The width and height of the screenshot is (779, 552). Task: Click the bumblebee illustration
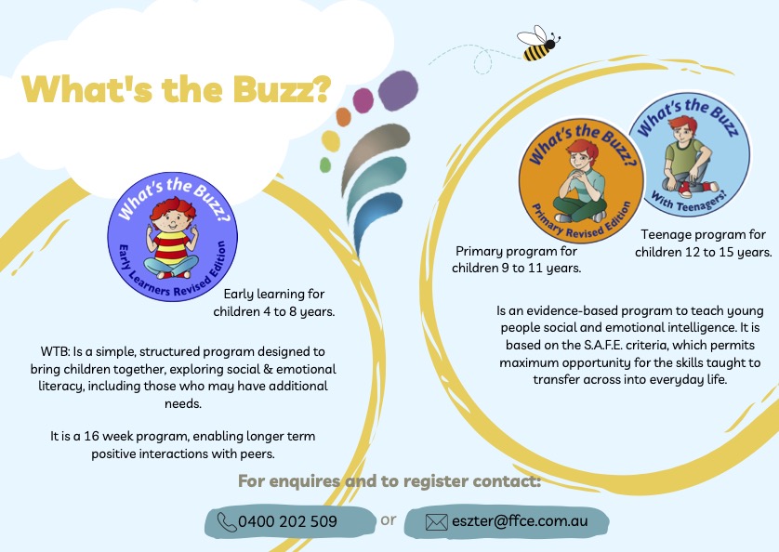(x=538, y=44)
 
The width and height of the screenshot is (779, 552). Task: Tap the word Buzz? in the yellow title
(x=282, y=89)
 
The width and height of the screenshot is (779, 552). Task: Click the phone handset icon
(x=227, y=522)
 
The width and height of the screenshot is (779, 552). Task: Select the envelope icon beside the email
(x=437, y=522)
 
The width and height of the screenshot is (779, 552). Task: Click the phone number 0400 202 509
(x=287, y=521)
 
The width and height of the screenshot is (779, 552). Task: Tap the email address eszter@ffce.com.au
(x=520, y=520)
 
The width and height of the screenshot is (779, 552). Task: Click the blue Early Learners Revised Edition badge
(x=172, y=236)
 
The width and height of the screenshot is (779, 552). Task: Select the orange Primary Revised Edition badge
(x=581, y=180)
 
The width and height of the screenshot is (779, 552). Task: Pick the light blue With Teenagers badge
(x=690, y=155)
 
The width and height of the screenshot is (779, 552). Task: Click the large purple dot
(x=398, y=90)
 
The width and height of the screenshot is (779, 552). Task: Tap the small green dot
(x=325, y=165)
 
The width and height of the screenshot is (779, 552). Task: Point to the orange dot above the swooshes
(x=344, y=117)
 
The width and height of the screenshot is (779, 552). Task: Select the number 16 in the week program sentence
(x=91, y=436)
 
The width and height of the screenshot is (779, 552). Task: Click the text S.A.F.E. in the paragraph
(x=601, y=345)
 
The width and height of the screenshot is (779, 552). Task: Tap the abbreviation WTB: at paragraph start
(x=55, y=352)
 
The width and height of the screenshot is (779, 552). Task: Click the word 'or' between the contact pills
(x=389, y=519)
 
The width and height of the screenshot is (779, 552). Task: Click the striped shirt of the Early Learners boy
(x=171, y=248)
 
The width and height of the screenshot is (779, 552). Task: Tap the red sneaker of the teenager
(x=684, y=189)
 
